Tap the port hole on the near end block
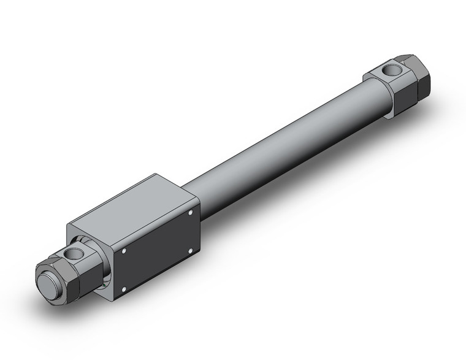tap(74, 252)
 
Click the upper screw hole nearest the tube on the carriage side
tap(191, 213)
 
